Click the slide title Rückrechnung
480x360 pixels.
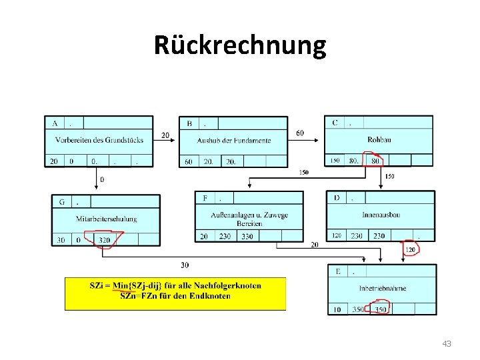[240, 45]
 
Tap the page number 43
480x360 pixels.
[447, 343]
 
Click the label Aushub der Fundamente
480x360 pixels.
[234, 140]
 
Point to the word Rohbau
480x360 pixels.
[379, 139]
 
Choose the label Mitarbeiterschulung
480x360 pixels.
[107, 219]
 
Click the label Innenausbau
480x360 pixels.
[381, 215]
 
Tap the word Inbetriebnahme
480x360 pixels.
[383, 288]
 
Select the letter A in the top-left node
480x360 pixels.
[54, 123]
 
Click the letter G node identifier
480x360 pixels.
[62, 201]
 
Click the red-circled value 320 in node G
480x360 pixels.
[104, 240]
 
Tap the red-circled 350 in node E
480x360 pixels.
[381, 309]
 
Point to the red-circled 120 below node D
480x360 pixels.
[412, 249]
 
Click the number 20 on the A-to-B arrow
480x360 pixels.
[165, 135]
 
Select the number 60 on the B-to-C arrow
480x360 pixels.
[300, 133]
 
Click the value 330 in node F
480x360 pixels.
[247, 236]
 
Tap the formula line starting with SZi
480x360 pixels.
[175, 285]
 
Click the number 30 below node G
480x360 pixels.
[184, 265]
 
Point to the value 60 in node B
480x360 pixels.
[189, 161]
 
